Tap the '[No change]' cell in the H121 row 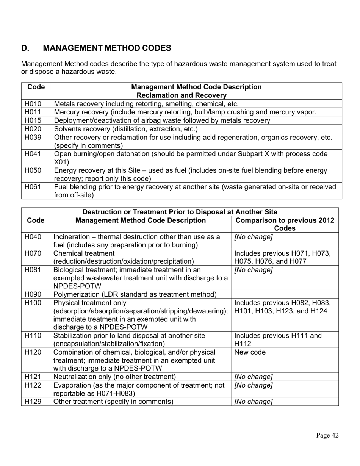[254, 377]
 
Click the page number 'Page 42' [327, 435]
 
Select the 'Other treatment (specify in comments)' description [113, 402]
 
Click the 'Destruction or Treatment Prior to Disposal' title [180, 212]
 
